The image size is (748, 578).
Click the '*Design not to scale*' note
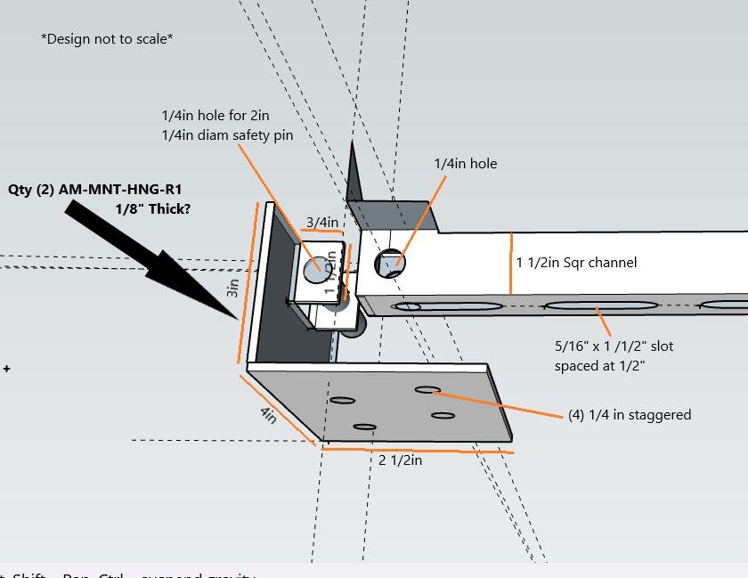point(107,39)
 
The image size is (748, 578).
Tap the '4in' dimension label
point(267,415)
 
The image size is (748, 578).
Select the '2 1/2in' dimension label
point(400,460)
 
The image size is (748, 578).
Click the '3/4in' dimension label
point(321,223)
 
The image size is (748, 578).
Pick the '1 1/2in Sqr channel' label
point(577,263)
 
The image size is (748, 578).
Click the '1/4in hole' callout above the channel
point(465,164)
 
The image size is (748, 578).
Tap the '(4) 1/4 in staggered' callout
point(630,414)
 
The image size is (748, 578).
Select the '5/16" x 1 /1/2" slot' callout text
point(614,346)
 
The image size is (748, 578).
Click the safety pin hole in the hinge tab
point(314,268)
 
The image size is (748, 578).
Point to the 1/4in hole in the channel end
point(391,263)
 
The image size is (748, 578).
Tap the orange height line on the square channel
point(510,263)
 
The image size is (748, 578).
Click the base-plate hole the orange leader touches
point(427,389)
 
